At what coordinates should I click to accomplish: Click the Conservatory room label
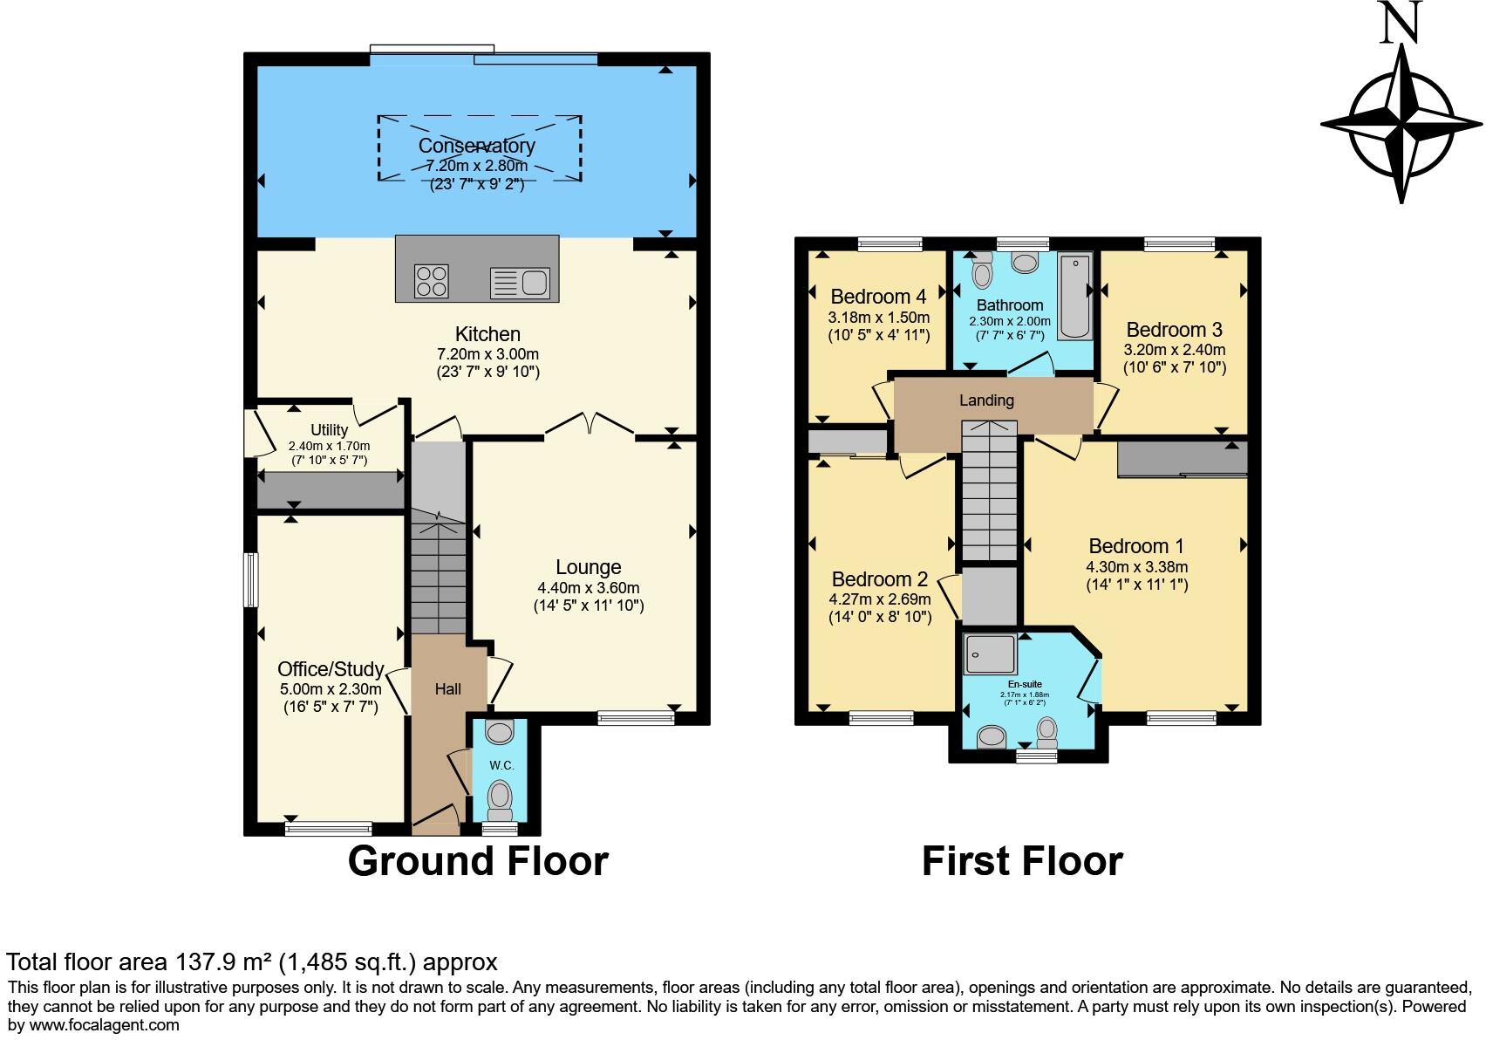click(x=476, y=146)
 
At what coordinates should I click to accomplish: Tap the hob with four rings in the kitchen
click(x=432, y=281)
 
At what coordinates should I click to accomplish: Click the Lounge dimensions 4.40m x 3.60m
click(x=588, y=588)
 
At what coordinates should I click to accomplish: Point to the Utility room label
click(x=329, y=430)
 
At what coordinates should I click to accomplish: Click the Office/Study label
click(x=331, y=669)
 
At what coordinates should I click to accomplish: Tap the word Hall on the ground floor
click(x=448, y=689)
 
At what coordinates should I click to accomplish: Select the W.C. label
click(x=501, y=765)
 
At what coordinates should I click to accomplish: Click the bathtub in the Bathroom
click(x=1074, y=297)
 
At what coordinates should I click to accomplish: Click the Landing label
click(x=986, y=400)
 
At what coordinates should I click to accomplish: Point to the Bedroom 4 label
click(x=878, y=297)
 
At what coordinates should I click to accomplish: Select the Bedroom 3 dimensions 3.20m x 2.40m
click(x=1174, y=350)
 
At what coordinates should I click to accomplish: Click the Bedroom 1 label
click(x=1135, y=546)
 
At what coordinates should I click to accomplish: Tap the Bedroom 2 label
click(x=879, y=579)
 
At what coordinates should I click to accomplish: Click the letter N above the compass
click(x=1401, y=23)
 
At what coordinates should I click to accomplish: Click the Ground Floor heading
click(x=478, y=861)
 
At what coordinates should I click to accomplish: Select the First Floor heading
click(x=1022, y=861)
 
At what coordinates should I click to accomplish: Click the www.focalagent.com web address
click(x=105, y=1025)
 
